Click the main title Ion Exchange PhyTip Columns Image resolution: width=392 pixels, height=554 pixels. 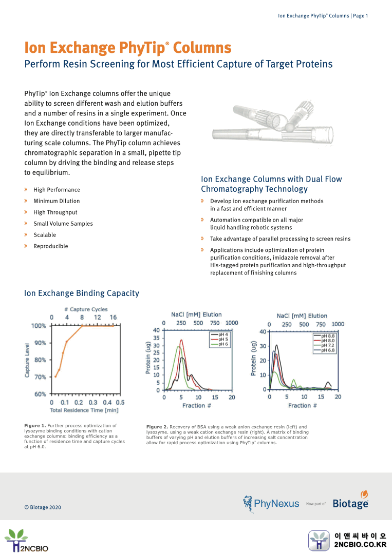coord(127,48)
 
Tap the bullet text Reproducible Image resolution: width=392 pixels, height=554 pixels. coord(51,246)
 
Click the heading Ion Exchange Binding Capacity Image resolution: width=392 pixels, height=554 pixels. coord(82,293)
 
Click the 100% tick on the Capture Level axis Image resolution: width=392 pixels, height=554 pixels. coord(39,326)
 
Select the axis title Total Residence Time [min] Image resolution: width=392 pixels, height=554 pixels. coord(84,410)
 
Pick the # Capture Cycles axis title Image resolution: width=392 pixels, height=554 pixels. coord(86,309)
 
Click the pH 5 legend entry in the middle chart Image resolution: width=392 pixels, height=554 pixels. coord(223,339)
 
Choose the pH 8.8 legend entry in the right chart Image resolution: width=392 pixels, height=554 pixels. coord(327,335)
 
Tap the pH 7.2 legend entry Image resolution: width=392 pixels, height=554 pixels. coord(327,345)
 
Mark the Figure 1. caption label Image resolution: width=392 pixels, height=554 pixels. coord(35,426)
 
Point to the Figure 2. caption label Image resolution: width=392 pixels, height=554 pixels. coord(157,427)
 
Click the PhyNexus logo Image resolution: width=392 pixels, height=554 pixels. coord(271,503)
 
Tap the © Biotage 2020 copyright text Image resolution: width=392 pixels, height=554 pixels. coord(43,507)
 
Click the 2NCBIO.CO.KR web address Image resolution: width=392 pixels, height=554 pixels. coord(360,544)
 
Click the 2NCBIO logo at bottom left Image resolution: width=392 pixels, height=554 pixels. coord(27,540)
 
